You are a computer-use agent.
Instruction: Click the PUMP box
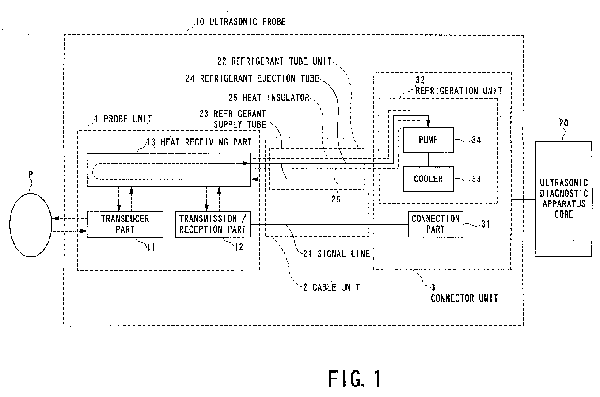428,140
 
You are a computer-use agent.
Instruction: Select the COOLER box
428,179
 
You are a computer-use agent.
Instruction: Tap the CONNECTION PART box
435,224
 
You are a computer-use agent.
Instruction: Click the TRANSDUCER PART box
125,225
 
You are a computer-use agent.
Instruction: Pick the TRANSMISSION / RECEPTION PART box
213,225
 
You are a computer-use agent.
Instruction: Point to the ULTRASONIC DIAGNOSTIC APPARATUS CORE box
563,199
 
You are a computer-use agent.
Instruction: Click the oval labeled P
30,225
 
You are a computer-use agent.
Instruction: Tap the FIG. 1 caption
354,378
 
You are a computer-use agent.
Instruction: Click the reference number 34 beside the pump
476,140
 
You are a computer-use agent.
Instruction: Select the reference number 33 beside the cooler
476,179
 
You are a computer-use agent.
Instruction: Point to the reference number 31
486,224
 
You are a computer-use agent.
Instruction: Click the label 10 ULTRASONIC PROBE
240,22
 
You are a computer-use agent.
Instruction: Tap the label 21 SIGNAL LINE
336,254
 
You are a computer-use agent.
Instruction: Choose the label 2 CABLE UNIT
332,287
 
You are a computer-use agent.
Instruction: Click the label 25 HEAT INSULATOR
269,98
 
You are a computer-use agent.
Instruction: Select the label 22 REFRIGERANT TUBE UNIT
274,61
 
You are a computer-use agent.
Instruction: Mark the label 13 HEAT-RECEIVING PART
199,142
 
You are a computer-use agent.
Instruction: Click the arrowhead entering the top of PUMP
428,124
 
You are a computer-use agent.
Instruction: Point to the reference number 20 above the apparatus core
564,123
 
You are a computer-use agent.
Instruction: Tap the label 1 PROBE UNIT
123,119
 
